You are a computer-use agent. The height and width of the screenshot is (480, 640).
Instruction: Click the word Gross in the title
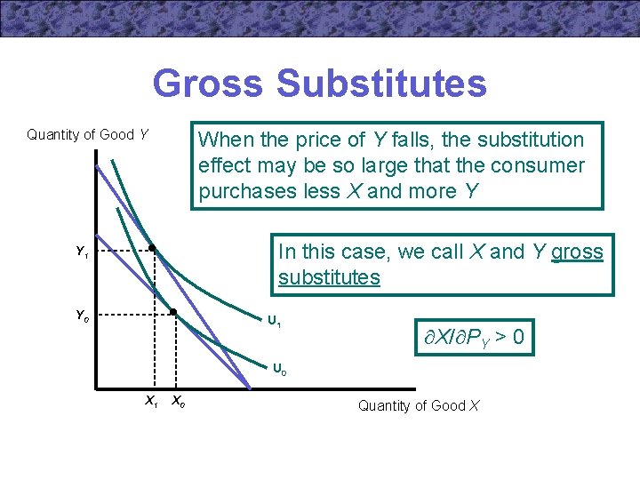click(209, 84)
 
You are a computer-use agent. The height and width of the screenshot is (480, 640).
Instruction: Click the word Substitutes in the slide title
click(381, 84)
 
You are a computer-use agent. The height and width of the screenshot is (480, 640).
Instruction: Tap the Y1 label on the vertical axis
click(82, 252)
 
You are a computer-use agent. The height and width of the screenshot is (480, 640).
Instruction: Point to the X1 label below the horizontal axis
click(151, 402)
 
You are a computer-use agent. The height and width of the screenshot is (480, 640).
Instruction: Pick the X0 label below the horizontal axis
click(178, 402)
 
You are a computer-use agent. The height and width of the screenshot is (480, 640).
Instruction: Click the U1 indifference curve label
click(275, 322)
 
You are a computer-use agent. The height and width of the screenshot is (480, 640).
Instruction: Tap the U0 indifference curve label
click(278, 368)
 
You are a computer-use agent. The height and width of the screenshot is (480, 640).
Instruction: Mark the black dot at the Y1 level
click(152, 248)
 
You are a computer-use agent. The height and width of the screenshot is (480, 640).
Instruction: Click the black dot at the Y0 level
click(174, 312)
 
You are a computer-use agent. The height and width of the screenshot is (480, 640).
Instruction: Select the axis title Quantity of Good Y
click(88, 135)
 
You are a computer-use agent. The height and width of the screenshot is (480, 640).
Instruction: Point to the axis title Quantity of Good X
click(419, 406)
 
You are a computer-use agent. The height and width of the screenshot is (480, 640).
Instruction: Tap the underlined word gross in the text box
click(577, 252)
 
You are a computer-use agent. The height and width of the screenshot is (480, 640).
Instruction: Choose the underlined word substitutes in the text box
click(329, 277)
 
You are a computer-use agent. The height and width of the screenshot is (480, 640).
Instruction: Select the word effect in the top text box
click(225, 166)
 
